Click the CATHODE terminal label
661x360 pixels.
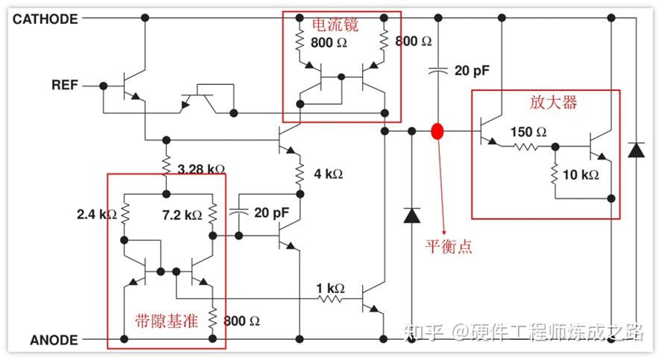(x=45, y=19)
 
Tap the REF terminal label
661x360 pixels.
(x=65, y=85)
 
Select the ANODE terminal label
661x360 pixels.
(x=54, y=341)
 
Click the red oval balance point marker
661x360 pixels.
(x=437, y=132)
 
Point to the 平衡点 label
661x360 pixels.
(x=449, y=246)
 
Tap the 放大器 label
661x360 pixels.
(x=554, y=102)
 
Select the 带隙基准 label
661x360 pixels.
(x=165, y=321)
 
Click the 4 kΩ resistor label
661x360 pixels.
(x=328, y=174)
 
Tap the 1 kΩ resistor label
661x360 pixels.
(x=329, y=288)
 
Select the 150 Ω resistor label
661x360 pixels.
(x=528, y=132)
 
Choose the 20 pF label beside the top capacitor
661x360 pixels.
(x=472, y=71)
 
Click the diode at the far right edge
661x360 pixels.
(x=636, y=148)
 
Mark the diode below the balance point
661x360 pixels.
(x=411, y=215)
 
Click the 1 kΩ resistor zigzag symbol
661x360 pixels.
(x=330, y=300)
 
